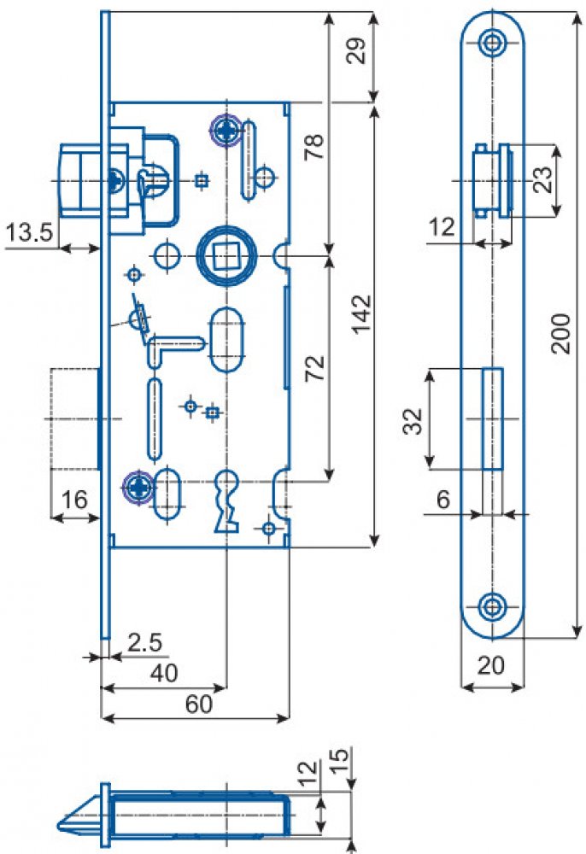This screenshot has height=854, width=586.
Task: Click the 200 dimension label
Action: (561, 334)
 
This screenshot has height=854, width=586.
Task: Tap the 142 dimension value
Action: (361, 314)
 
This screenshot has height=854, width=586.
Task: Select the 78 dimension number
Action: (314, 146)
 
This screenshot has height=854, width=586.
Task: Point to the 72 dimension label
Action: (315, 368)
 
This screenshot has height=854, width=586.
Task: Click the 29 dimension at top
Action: (357, 52)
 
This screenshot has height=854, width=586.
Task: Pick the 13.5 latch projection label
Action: (29, 233)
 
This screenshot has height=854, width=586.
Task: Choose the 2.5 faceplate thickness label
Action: (145, 643)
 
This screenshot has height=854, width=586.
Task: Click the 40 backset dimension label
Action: (164, 674)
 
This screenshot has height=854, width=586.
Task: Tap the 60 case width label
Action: (199, 705)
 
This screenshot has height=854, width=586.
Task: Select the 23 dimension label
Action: (542, 179)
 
